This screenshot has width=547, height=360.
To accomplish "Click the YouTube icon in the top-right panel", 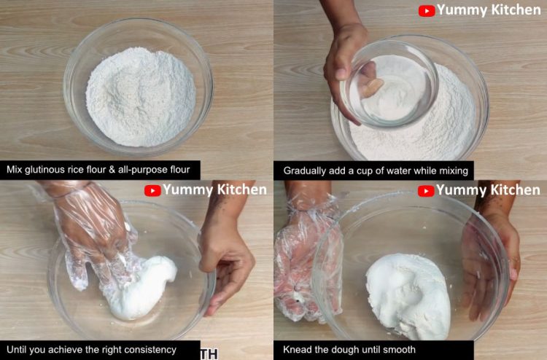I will coord(427,11).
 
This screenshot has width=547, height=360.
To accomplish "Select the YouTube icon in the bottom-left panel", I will coord(152,191).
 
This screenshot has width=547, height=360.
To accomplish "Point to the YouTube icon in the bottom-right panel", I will coord(426,191).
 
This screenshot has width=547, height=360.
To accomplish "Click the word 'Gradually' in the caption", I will coord(307,171).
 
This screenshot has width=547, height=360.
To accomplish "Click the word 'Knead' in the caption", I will coord(297,350).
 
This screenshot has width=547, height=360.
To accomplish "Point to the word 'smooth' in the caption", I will coord(400,350).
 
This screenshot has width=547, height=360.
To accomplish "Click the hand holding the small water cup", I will coord(347,58).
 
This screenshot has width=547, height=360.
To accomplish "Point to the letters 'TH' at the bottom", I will coord(209,354).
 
